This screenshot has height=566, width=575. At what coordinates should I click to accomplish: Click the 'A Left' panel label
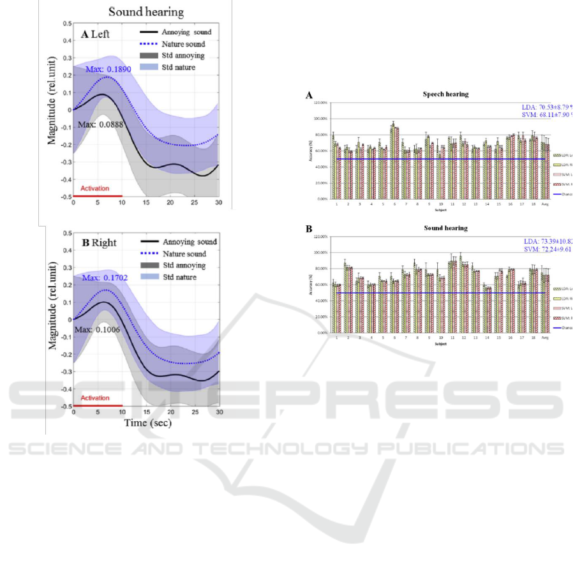(x=96, y=35)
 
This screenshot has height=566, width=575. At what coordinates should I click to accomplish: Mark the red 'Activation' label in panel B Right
(x=95, y=398)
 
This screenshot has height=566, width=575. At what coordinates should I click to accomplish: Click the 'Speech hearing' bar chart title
(x=445, y=94)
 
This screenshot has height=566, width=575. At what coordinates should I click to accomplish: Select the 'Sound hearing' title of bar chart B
(x=445, y=228)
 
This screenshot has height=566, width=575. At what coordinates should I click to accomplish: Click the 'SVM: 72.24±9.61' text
(x=548, y=249)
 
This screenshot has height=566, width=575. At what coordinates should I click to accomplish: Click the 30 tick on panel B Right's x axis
(x=219, y=413)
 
